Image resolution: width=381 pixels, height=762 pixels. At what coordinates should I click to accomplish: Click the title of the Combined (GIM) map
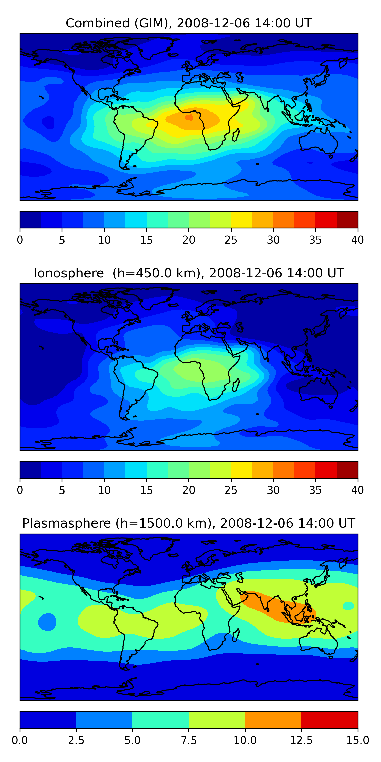pos(189,23)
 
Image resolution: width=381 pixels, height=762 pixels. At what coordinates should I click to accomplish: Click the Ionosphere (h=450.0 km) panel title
pos(189,273)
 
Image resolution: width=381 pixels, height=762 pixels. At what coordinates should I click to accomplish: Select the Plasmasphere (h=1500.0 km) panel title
pos(189,523)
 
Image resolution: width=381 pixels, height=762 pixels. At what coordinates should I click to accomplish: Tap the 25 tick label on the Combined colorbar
pos(231,240)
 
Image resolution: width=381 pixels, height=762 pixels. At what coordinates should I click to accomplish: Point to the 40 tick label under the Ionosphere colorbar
pos(357,490)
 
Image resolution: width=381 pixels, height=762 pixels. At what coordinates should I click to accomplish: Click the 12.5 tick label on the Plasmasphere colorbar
pos(301,740)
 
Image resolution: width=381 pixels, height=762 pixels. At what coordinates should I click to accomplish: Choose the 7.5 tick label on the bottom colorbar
pos(189,740)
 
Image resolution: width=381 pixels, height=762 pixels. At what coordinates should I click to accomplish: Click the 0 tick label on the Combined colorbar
pos(20,240)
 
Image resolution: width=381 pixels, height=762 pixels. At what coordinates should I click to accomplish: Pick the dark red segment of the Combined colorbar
pos(347,219)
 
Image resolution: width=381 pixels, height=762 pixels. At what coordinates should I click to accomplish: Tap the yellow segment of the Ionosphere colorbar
pos(241,469)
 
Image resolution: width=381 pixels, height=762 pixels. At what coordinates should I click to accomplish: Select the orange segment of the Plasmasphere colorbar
pos(273,720)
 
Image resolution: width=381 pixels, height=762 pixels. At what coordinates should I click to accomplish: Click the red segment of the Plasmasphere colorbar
pos(329,720)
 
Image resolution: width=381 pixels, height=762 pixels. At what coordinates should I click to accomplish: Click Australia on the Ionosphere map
pos(318,390)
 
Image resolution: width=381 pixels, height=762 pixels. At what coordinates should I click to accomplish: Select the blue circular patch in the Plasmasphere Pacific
pos(47,622)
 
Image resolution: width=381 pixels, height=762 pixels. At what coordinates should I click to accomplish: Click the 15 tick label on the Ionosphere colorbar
pos(146,490)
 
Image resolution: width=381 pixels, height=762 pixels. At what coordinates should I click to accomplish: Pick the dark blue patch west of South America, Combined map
pos(48,122)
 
